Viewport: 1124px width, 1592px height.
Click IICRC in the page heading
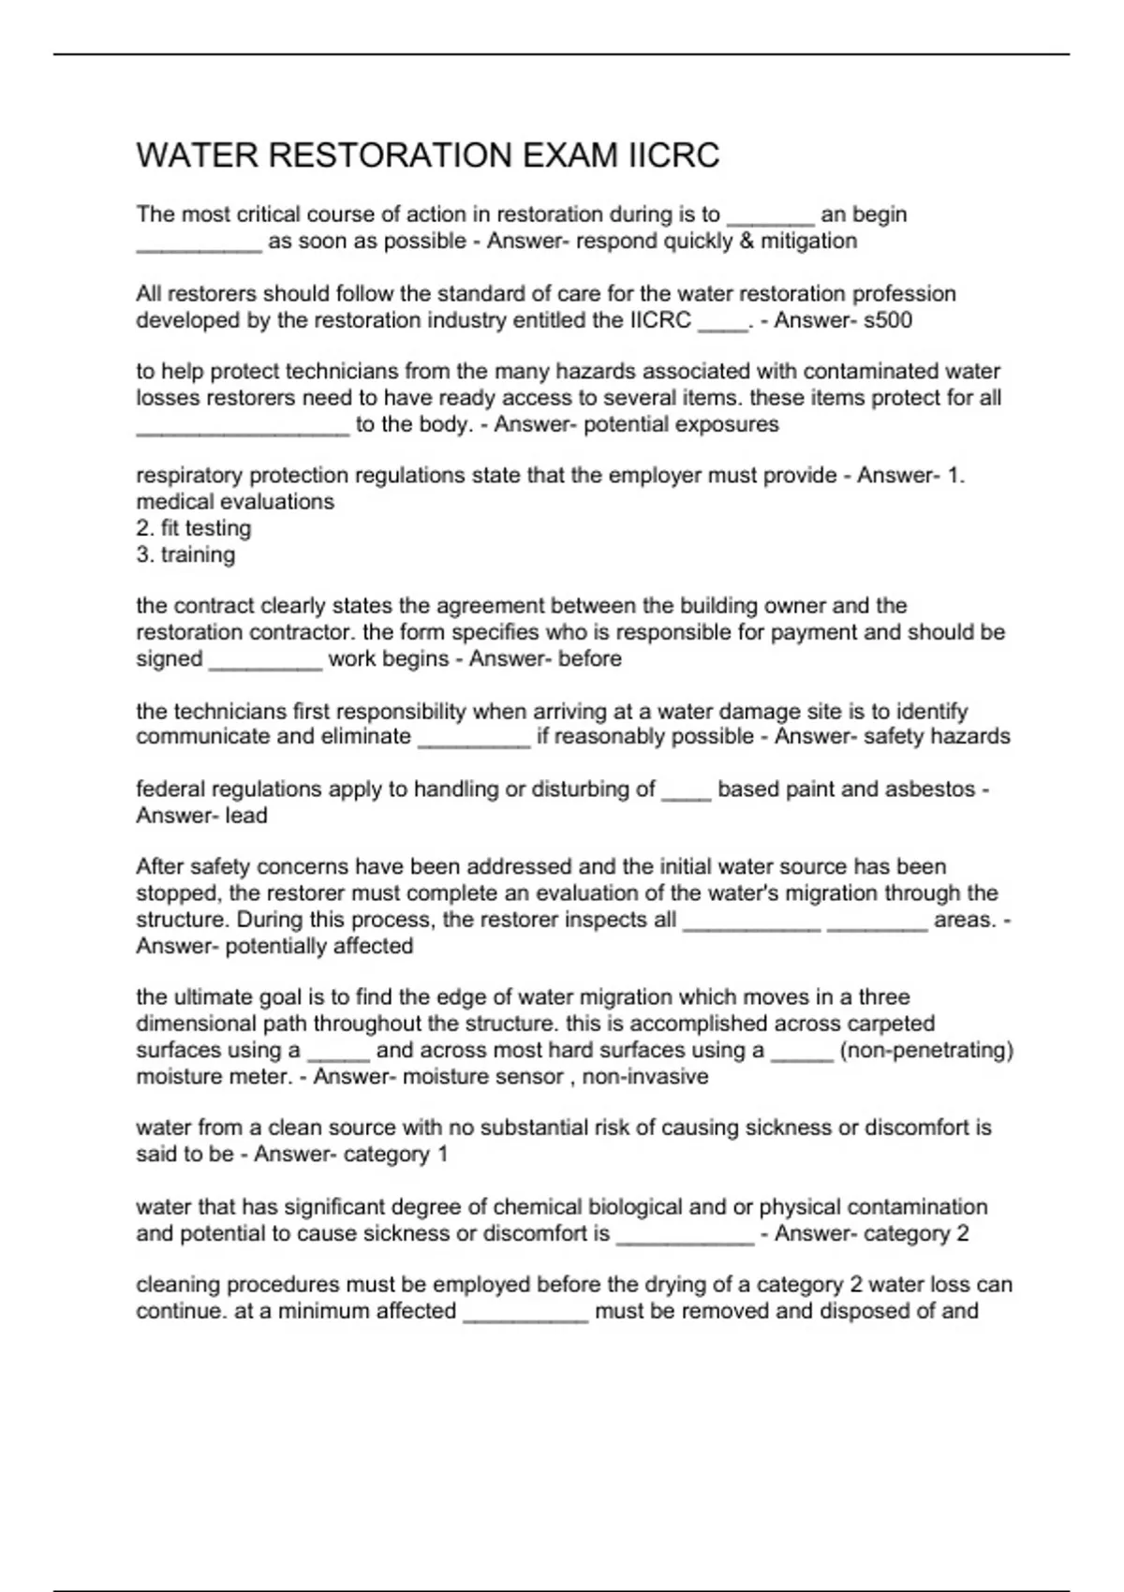(673, 155)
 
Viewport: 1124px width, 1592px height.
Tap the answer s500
(887, 320)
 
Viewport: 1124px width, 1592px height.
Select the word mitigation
(808, 242)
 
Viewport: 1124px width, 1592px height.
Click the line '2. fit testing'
(194, 528)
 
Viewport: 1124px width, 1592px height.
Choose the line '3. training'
(185, 554)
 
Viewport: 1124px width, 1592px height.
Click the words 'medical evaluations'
(235, 502)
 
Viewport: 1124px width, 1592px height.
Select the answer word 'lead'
(246, 816)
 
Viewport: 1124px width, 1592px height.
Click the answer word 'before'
(590, 659)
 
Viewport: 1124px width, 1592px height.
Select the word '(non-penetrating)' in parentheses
(926, 1051)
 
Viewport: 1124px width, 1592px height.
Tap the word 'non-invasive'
(645, 1077)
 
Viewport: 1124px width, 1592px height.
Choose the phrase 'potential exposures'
(681, 425)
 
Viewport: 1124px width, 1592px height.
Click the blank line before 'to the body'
(243, 431)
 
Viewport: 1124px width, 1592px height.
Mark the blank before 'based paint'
(686, 796)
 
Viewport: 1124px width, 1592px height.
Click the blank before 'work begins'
(265, 666)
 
